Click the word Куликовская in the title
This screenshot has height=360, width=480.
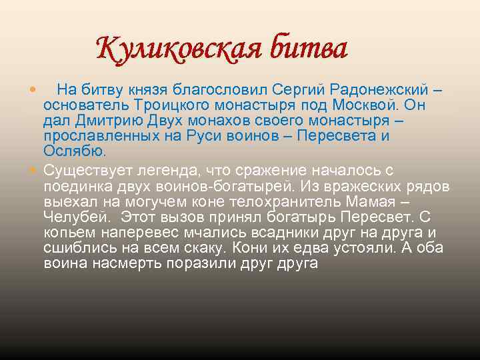click(178, 49)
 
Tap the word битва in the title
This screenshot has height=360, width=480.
click(307, 49)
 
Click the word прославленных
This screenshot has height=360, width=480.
click(95, 135)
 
